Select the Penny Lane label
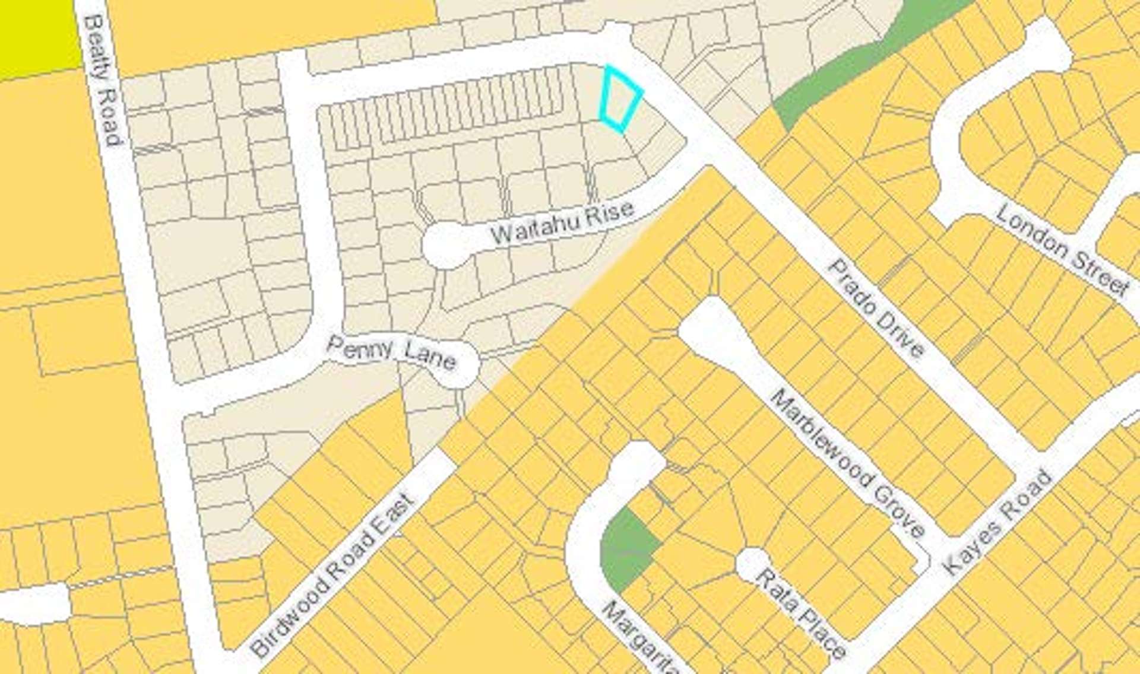point(391,352)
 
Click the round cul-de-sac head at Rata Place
point(752,564)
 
